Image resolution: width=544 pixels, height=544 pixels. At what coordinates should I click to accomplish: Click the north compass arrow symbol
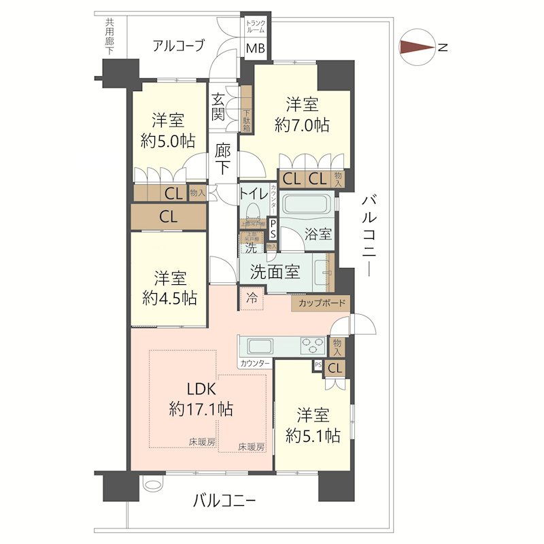pyautogui.click(x=416, y=48)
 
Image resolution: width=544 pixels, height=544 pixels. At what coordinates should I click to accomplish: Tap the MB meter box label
pyautogui.click(x=256, y=48)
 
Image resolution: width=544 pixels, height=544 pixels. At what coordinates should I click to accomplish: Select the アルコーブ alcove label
pyautogui.click(x=178, y=46)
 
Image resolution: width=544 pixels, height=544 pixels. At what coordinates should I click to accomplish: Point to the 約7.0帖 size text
pyautogui.click(x=303, y=125)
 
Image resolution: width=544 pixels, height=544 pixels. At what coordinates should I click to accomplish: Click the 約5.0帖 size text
pyautogui.click(x=168, y=141)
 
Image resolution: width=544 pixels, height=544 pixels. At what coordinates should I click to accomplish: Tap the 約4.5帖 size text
pyautogui.click(x=169, y=298)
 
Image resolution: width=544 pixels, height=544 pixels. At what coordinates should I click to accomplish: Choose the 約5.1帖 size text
pyautogui.click(x=313, y=436)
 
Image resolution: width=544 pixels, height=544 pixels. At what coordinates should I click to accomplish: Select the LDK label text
pyautogui.click(x=201, y=390)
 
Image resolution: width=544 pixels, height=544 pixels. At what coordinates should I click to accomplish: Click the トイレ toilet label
pyautogui.click(x=252, y=193)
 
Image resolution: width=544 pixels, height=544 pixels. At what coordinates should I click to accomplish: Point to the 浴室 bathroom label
pyautogui.click(x=319, y=234)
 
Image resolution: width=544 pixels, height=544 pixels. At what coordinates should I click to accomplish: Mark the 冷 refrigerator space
pyautogui.click(x=252, y=298)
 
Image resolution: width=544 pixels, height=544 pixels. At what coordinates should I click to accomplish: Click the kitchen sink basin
pyautogui.click(x=259, y=345)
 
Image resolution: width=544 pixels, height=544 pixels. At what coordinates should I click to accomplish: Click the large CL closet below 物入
pyautogui.click(x=169, y=217)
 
